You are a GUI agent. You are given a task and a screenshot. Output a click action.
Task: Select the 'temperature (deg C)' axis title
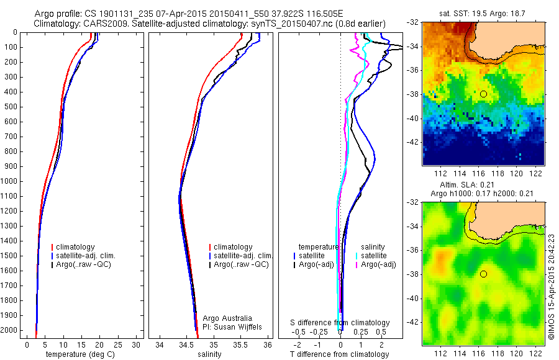pos(81,354)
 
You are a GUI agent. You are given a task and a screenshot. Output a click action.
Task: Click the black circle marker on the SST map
pos(483,94)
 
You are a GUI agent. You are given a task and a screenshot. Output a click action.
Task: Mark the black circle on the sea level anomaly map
pos(483,274)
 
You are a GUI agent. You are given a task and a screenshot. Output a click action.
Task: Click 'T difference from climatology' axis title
pos(340,354)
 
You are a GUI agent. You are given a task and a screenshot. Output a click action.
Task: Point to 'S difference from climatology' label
pos(340,323)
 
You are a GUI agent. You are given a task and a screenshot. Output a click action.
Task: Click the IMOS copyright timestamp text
pos(552,286)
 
